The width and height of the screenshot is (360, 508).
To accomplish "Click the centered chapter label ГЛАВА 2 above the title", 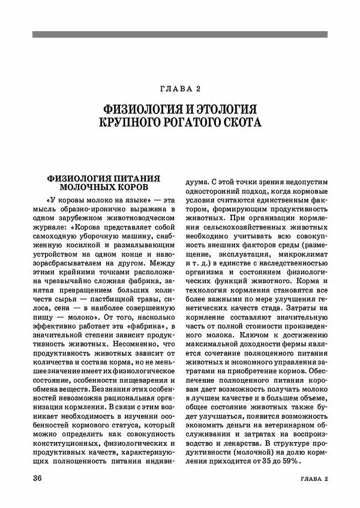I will tap(180, 89).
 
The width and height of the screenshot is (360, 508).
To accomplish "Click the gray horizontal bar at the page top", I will tap(180, 34).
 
